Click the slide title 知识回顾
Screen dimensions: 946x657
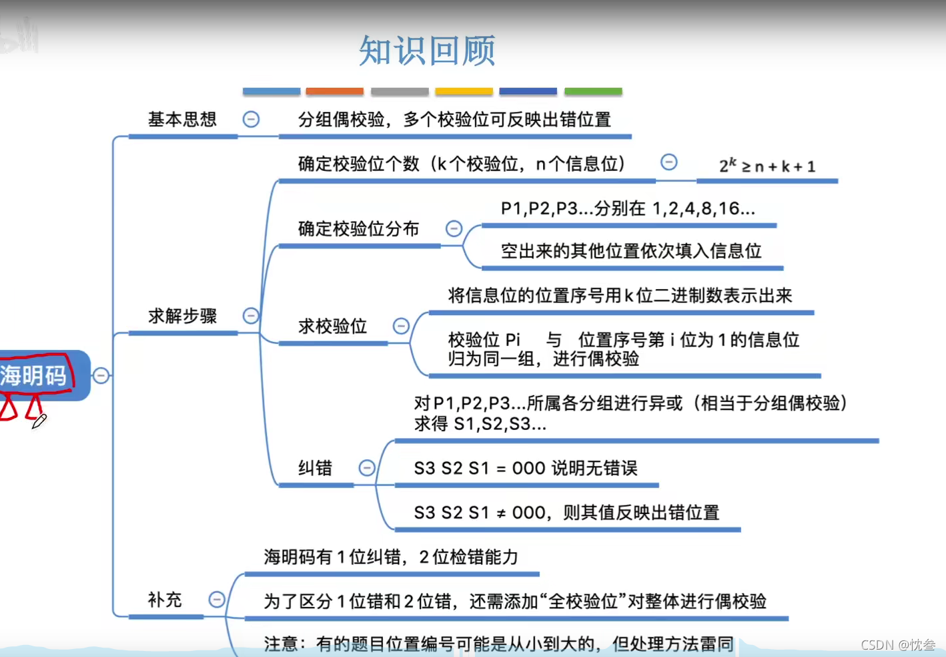[427, 51]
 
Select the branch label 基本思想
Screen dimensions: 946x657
[182, 120]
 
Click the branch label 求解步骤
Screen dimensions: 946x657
[182, 316]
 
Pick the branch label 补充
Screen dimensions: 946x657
[165, 600]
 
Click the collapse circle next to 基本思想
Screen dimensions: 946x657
[251, 120]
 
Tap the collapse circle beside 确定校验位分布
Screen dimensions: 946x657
[454, 229]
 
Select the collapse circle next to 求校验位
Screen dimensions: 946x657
[401, 326]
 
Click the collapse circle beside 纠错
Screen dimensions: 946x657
[367, 468]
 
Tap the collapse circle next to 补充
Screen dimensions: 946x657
[217, 600]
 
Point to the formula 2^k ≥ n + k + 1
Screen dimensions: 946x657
[767, 166]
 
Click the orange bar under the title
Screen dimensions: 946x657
[335, 91]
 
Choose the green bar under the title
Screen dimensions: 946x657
[593, 91]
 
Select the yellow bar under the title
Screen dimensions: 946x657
[464, 91]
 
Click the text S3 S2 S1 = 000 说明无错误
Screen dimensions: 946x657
[526, 468]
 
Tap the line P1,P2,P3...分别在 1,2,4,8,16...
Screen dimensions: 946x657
[628, 208]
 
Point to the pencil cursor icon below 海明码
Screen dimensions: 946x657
[39, 421]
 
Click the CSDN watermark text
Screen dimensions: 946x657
[898, 644]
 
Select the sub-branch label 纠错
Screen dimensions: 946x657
[315, 468]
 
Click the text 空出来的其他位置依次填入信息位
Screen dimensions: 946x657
[631, 251]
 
